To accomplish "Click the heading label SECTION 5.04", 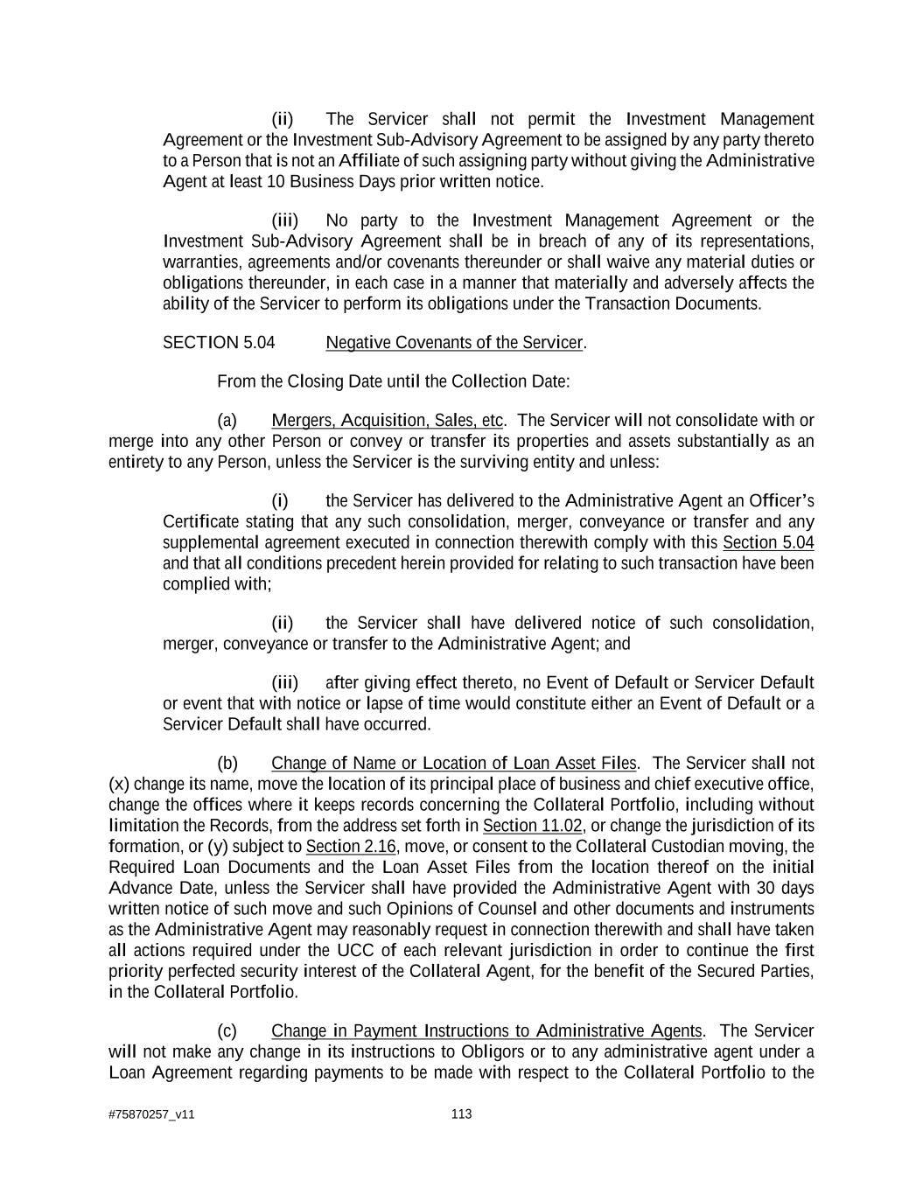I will coord(219,343).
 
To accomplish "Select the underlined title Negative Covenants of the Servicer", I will coord(454,343).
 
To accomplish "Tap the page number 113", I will coord(461,1114).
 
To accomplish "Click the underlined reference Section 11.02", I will coord(532,826).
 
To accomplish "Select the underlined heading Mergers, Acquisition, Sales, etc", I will coord(388,421).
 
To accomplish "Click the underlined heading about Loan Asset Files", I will coord(454,763).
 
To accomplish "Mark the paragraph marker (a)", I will coord(227,421).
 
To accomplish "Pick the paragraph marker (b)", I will coord(227,763).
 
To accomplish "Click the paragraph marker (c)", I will coord(227,1031).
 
